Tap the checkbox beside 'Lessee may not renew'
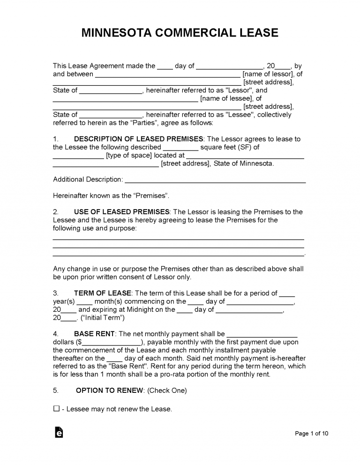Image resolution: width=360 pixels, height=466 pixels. click(x=56, y=409)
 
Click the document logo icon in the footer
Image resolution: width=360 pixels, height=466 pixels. click(x=59, y=432)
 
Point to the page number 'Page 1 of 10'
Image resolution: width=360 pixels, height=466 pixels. click(x=312, y=434)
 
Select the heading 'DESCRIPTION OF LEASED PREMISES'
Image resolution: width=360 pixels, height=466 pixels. click(x=139, y=139)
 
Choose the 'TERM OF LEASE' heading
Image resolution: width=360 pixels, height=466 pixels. click(x=103, y=293)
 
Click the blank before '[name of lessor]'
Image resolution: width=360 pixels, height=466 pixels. click(x=168, y=75)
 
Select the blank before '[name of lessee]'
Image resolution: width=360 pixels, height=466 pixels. click(x=125, y=99)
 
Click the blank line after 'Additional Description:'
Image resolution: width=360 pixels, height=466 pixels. click(x=215, y=180)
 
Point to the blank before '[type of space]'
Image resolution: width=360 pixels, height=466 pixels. click(x=78, y=156)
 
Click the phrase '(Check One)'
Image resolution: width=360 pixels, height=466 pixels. click(x=167, y=390)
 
